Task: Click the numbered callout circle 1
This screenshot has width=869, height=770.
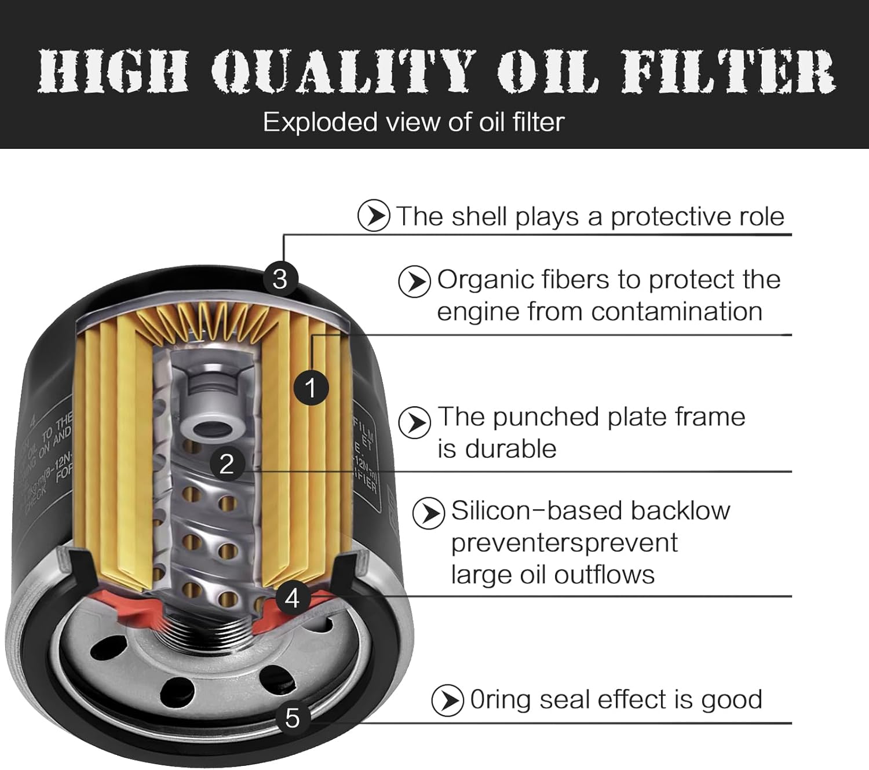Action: click(311, 388)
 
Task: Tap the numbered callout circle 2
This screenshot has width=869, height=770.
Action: click(227, 464)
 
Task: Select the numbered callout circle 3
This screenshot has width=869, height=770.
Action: click(280, 279)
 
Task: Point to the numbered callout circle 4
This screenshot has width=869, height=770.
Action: click(292, 598)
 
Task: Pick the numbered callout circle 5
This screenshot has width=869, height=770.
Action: click(293, 718)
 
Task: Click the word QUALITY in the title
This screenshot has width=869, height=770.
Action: click(342, 71)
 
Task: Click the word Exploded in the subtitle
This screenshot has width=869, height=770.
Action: click(320, 122)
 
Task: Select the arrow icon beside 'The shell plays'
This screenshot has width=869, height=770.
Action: click(374, 216)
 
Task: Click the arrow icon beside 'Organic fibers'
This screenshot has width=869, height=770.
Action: click(414, 282)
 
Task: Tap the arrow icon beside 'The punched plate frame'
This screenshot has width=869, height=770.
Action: click(414, 422)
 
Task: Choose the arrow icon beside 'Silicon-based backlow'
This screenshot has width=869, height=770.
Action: click(429, 513)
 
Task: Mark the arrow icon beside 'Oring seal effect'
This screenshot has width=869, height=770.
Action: click(447, 700)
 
